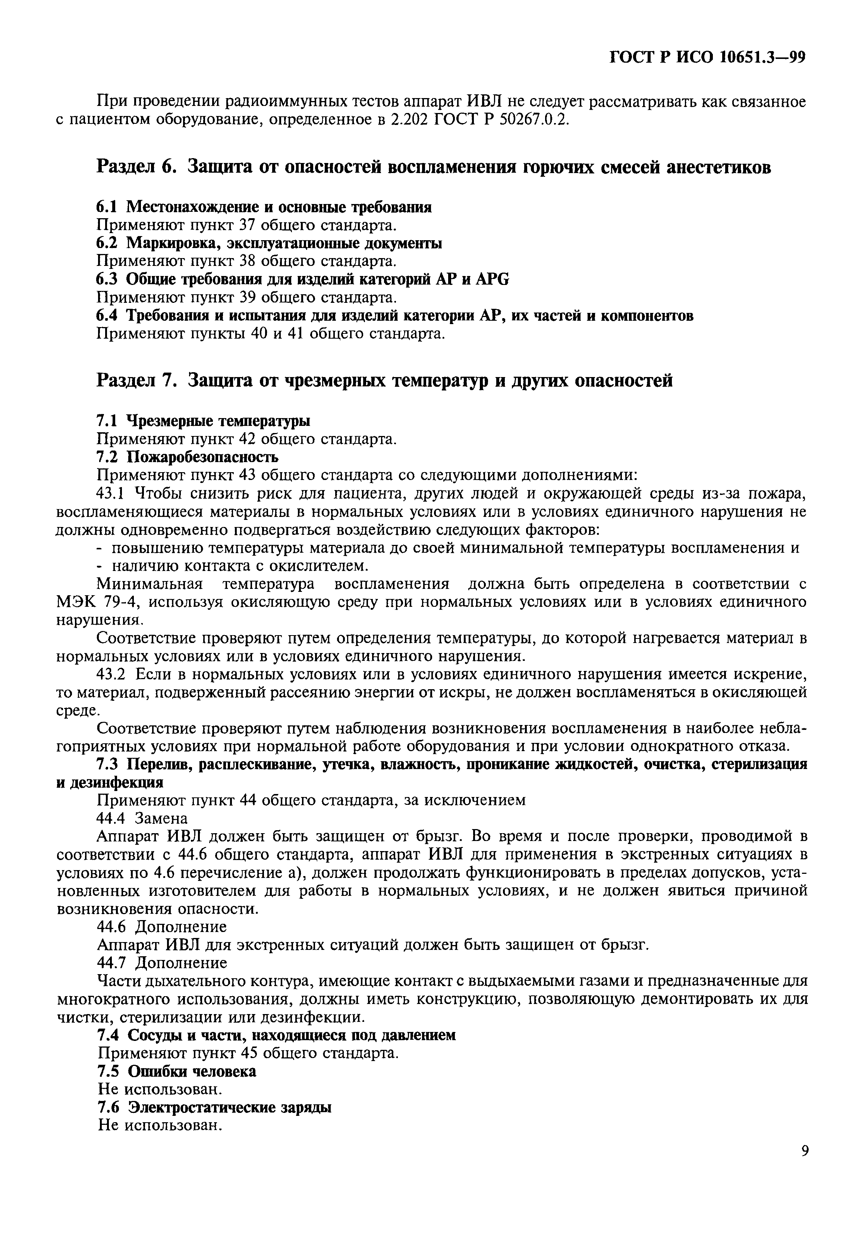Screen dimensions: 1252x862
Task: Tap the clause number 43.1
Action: (110, 493)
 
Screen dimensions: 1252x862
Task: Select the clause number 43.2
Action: (110, 674)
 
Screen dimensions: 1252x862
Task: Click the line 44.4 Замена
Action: (142, 818)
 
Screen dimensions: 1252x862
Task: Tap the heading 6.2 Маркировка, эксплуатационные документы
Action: (269, 244)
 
